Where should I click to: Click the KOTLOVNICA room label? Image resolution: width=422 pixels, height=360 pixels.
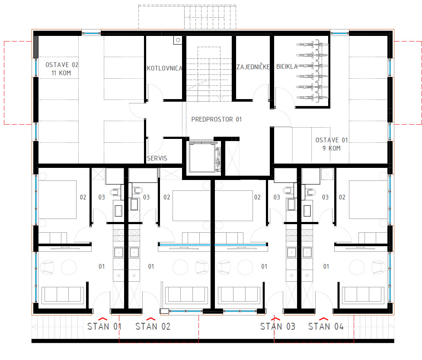click(164, 68)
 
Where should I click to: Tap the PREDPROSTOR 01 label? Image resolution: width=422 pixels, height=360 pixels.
click(216, 119)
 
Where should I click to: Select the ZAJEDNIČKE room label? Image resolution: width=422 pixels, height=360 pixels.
click(253, 67)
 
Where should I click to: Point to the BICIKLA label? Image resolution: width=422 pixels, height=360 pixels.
click(287, 67)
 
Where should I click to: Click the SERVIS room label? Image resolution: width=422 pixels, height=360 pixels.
click(157, 158)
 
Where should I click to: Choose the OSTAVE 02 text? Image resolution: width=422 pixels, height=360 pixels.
click(62, 65)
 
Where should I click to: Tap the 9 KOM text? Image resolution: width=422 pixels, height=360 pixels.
click(332, 148)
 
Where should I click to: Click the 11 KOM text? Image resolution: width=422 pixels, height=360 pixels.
click(61, 73)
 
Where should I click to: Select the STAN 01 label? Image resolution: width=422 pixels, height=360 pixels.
click(105, 327)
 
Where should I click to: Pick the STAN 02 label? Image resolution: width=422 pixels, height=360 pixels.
click(153, 327)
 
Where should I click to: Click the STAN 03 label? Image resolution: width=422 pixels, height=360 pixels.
click(278, 327)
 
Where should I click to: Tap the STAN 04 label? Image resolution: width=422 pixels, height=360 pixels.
click(326, 327)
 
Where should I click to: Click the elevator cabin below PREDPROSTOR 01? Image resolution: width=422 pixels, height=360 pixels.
click(202, 157)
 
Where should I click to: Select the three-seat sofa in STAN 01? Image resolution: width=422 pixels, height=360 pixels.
click(63, 295)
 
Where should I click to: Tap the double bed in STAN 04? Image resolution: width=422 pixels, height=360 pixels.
click(368, 199)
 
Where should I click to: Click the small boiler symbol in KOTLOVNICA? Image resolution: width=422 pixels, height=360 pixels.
click(178, 40)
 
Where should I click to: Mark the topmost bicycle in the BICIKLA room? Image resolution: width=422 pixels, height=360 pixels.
click(313, 44)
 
